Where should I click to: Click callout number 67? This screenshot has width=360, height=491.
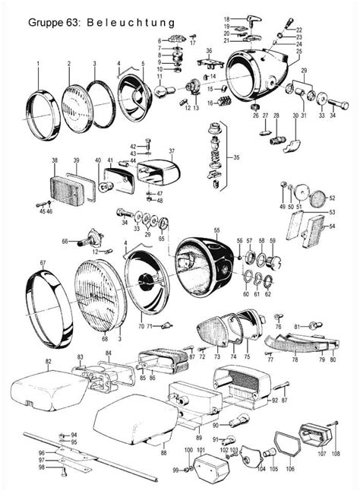click(x=43, y=263)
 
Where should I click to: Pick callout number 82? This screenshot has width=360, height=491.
click(x=48, y=361)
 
